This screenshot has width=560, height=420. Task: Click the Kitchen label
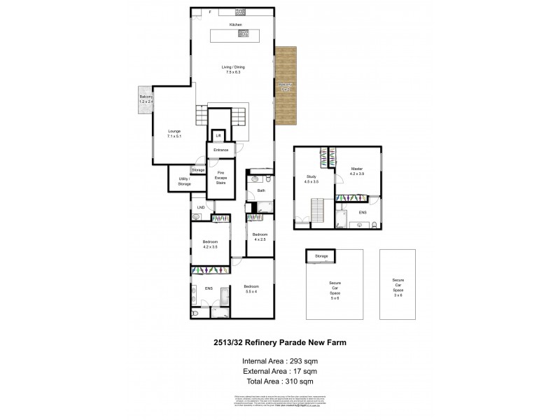234,24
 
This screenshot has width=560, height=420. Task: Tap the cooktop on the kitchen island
244,33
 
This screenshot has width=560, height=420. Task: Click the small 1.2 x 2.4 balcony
146,99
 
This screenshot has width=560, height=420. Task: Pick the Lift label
218,135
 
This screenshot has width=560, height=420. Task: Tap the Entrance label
220,150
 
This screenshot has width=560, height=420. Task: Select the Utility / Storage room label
184,181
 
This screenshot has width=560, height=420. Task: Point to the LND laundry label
201,207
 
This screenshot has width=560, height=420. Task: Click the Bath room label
261,190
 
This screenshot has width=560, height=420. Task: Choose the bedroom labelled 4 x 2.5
259,236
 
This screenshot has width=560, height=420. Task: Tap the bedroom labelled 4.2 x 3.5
210,245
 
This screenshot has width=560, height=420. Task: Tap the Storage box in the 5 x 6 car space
321,256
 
